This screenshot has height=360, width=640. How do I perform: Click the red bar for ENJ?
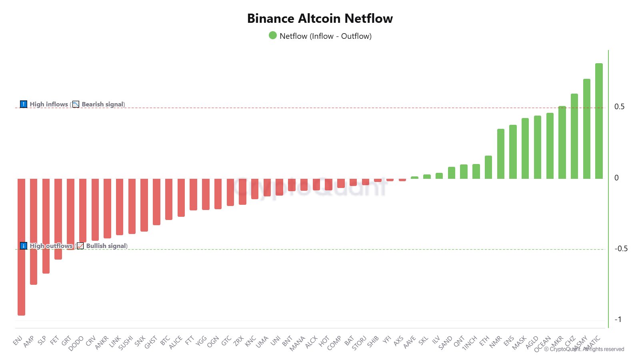tap(21, 246)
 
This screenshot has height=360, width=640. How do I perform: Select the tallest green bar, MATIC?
tap(599, 121)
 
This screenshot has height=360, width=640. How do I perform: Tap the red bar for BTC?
tap(169, 199)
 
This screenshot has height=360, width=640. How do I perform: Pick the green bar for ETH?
tap(488, 167)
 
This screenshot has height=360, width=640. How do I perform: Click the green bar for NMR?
tap(500, 154)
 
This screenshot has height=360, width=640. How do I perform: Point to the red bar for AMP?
tap(34, 231)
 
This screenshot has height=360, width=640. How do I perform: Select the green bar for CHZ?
tap(574, 136)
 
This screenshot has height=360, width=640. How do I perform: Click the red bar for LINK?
tap(120, 206)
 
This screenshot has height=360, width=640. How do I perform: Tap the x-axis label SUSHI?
tap(126, 343)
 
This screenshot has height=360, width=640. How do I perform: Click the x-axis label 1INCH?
tap(470, 343)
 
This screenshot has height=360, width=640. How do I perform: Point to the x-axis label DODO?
tap(76, 343)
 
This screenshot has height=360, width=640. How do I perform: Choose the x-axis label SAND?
tap(445, 343)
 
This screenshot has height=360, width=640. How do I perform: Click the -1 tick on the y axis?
tap(618, 319)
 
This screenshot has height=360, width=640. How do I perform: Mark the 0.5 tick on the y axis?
tap(619, 106)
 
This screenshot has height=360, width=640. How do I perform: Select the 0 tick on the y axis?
tap(616, 178)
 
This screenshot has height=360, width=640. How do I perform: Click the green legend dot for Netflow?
tap(273, 36)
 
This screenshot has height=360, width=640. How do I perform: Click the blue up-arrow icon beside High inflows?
tap(24, 104)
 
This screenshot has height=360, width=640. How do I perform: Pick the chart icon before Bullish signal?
tap(80, 246)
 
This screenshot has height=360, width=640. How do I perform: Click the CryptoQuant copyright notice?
tap(584, 349)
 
